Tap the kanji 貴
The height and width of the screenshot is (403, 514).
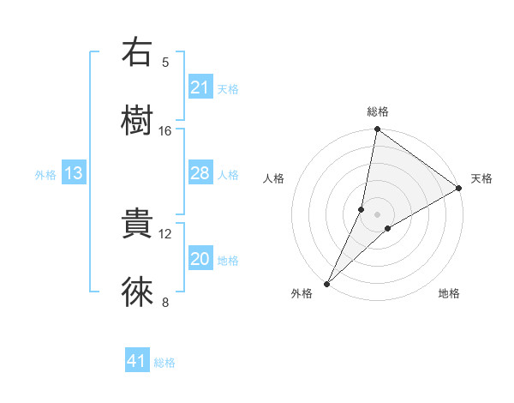click(137, 225)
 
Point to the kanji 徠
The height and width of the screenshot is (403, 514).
click(137, 292)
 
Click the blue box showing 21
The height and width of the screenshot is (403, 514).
click(200, 87)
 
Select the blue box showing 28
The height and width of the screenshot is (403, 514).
click(200, 173)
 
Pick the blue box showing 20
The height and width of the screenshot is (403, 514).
click(200, 260)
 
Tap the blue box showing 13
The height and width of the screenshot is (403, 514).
click(73, 174)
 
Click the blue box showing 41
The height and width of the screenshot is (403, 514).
click(136, 362)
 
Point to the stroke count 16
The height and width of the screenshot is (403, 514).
click(165, 130)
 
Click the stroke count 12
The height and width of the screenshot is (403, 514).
click(165, 233)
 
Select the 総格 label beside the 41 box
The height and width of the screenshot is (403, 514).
click(164, 363)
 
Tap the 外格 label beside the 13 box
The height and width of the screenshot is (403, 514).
click(45, 175)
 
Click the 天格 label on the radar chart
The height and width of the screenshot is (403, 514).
click(481, 178)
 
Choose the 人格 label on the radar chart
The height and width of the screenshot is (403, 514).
click(273, 178)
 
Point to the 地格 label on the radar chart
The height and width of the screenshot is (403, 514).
click(449, 293)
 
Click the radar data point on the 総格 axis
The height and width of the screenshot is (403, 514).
click(377, 130)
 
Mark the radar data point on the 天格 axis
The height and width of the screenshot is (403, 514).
click(459, 188)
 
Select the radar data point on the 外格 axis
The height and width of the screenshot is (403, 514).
click(326, 284)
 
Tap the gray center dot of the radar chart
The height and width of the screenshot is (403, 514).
click(377, 214)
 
